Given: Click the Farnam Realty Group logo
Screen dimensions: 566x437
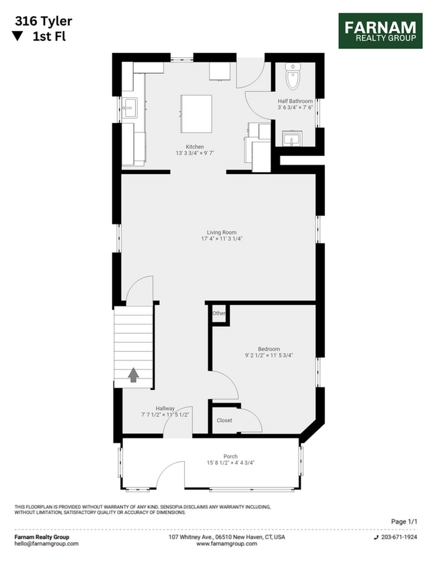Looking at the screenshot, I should [x=380, y=31].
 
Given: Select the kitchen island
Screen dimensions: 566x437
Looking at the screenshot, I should [x=196, y=109].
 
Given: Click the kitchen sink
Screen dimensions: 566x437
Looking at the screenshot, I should [x=129, y=107].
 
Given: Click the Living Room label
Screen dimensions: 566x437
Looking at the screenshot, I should [x=221, y=233].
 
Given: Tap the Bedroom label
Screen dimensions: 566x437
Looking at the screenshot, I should [x=269, y=349].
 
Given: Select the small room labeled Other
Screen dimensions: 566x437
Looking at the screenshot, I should [x=218, y=314].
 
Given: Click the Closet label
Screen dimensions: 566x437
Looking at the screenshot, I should [x=225, y=421].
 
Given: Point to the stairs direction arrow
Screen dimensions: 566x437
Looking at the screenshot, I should [x=133, y=374].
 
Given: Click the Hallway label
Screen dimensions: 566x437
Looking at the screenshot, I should [x=165, y=408].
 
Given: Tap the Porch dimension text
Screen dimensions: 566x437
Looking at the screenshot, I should [x=231, y=462].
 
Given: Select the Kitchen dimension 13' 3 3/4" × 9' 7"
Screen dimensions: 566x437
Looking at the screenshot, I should [x=195, y=153].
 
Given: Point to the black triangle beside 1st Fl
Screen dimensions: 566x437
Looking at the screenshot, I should [x=18, y=37].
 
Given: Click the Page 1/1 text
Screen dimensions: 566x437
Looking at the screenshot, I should [x=404, y=522].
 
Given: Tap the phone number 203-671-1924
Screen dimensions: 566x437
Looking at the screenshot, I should [x=400, y=538].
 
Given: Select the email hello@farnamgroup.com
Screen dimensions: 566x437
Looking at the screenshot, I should [x=46, y=544].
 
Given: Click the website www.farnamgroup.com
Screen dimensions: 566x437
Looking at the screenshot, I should [x=227, y=544].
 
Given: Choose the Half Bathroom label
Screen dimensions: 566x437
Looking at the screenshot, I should [x=295, y=102].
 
